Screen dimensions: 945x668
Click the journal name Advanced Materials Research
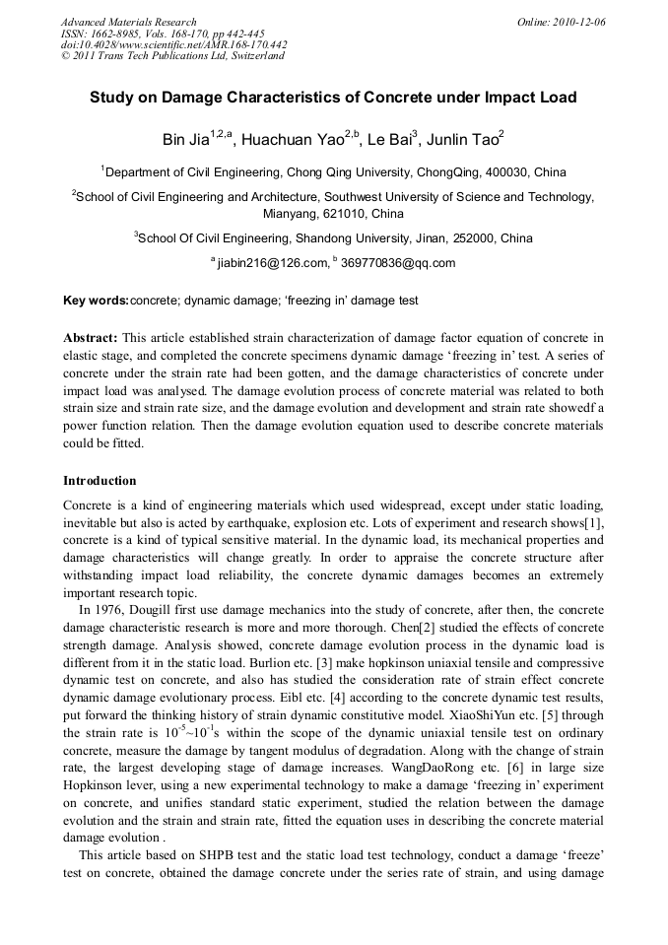tap(128, 22)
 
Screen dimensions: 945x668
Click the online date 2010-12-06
tap(579, 22)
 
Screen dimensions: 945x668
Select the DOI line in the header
tap(173, 44)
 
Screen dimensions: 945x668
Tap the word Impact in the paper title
tap(493, 98)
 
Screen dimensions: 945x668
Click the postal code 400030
tap(511, 171)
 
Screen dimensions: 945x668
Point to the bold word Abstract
tap(91, 337)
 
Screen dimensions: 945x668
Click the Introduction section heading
tap(100, 481)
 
